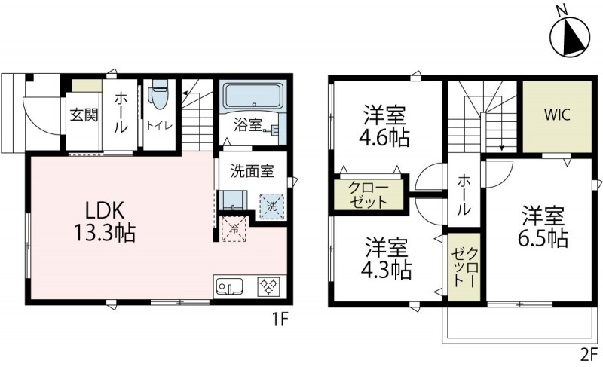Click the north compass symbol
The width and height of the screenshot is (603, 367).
[571, 35]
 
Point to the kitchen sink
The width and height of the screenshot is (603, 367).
[228, 286]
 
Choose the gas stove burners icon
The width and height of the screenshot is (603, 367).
[269, 286]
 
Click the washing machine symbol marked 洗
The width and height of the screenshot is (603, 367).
[270, 206]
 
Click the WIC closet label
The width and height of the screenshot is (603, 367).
[557, 115]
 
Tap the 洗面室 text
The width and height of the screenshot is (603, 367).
[252, 171]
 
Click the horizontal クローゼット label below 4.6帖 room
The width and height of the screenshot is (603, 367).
[369, 194]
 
